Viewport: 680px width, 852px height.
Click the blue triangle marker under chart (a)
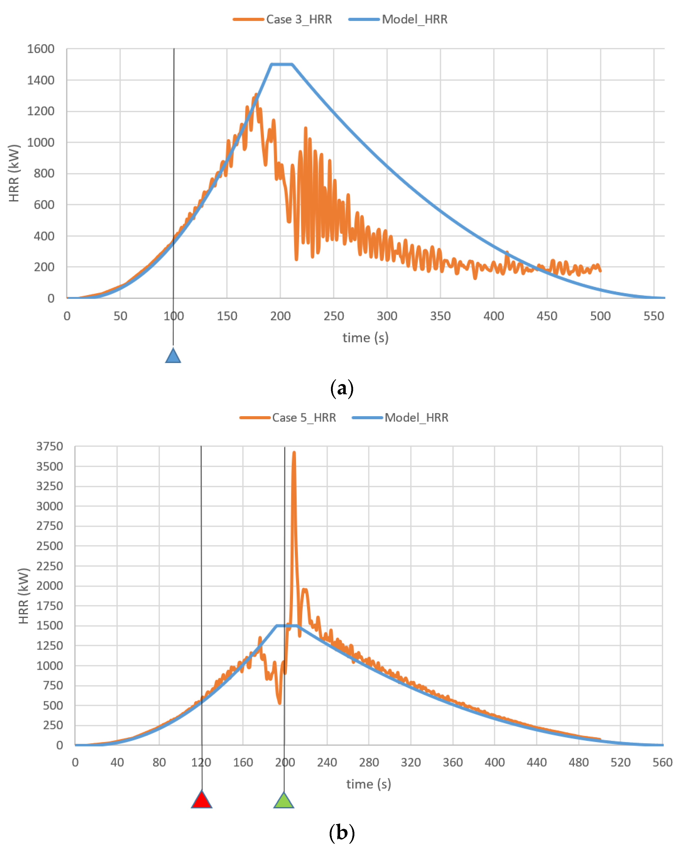point(173,356)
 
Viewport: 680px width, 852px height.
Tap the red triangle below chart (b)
point(201,800)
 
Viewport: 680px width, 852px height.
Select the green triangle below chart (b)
point(284,801)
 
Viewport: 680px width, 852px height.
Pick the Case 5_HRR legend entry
point(288,418)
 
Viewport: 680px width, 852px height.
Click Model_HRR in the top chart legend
point(398,19)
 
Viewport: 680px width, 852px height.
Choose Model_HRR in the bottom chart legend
point(401,418)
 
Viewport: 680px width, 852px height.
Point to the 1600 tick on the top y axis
point(41,49)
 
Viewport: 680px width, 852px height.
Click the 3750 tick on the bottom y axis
point(49,447)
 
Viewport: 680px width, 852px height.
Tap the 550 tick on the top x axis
point(654,316)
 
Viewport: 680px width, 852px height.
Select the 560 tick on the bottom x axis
point(662,762)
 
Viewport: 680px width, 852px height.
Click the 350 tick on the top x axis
point(440,316)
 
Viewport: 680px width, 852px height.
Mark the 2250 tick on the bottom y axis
point(49,566)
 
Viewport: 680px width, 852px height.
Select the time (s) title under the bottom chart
point(368,784)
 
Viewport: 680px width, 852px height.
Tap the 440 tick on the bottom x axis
point(536,762)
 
